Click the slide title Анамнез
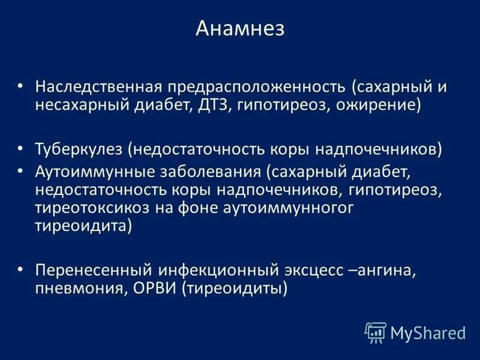240,28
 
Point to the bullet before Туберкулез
20,148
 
